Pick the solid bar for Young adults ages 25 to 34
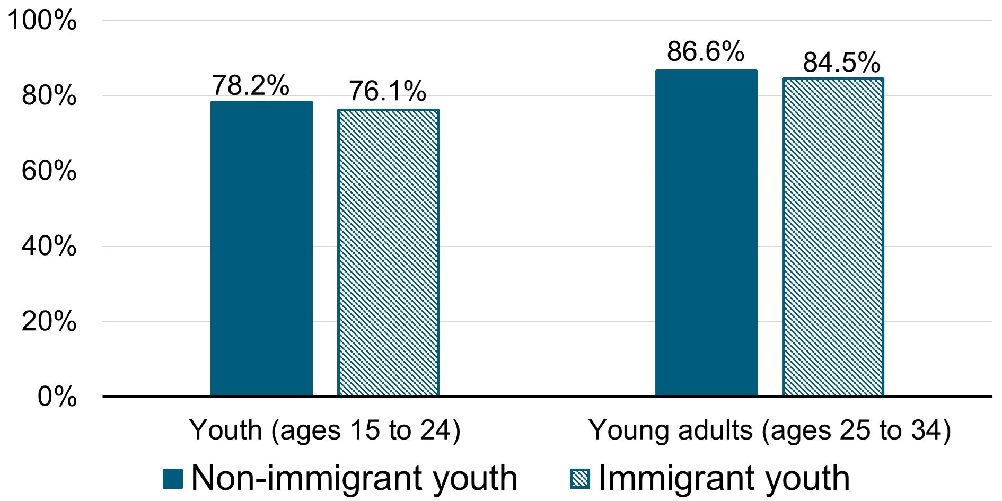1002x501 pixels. tap(706, 233)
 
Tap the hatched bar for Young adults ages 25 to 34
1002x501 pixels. tap(833, 237)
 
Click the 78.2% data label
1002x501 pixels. tap(251, 85)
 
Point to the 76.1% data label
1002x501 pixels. tap(388, 91)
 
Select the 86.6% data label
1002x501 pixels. tap(706, 52)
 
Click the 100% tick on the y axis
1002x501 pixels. tap(42, 22)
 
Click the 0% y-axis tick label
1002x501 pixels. tap(56, 398)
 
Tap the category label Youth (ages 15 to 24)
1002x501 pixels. tap(325, 430)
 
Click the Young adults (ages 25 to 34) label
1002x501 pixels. tap(770, 430)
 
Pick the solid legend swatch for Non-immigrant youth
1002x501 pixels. tap(173, 479)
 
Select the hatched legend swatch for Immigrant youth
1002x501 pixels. tap(579, 479)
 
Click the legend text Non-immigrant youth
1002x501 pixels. tap(354, 478)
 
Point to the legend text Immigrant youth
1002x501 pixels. tap(724, 478)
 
